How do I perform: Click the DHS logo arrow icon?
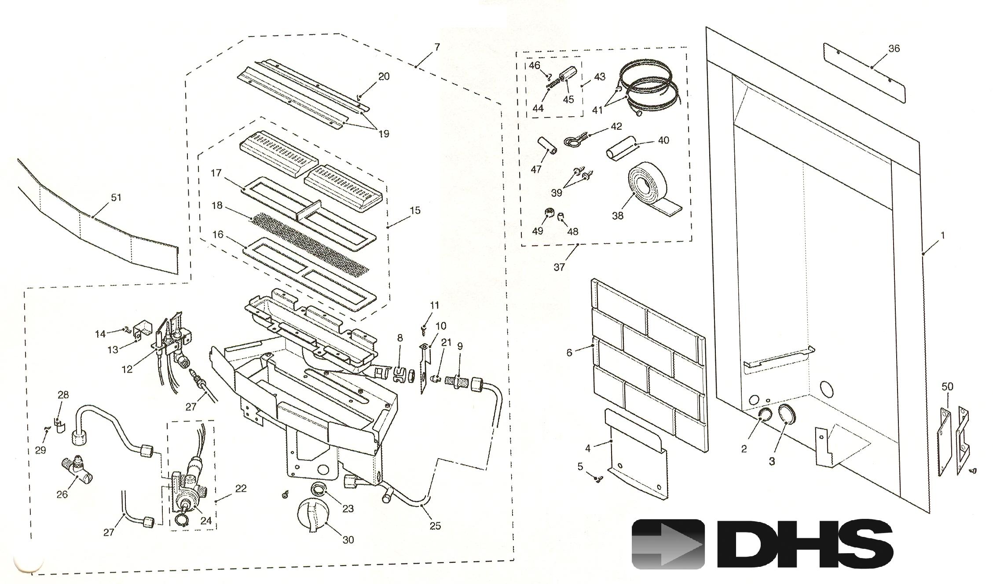pyautogui.click(x=668, y=544)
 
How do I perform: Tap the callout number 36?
pyautogui.click(x=894, y=49)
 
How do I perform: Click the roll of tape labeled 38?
pyautogui.click(x=651, y=191)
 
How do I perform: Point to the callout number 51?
pyautogui.click(x=116, y=198)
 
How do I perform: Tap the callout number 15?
pyautogui.click(x=415, y=210)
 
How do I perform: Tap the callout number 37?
pyautogui.click(x=559, y=267)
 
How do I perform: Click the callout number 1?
pyautogui.click(x=942, y=236)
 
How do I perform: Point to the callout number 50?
pyautogui.click(x=947, y=386)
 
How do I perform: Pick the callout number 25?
pyautogui.click(x=435, y=526)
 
